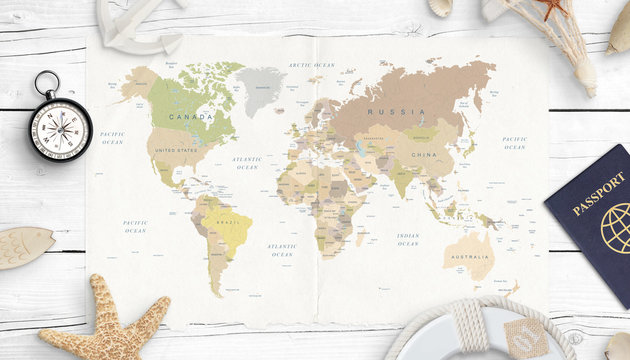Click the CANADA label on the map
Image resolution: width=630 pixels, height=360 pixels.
point(191,117)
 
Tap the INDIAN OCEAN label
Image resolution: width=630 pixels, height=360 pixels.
point(407,240)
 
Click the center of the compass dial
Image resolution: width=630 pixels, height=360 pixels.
point(60,129)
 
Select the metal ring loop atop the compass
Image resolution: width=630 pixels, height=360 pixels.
point(46,82)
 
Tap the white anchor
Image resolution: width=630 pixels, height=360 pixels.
point(140,25)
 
